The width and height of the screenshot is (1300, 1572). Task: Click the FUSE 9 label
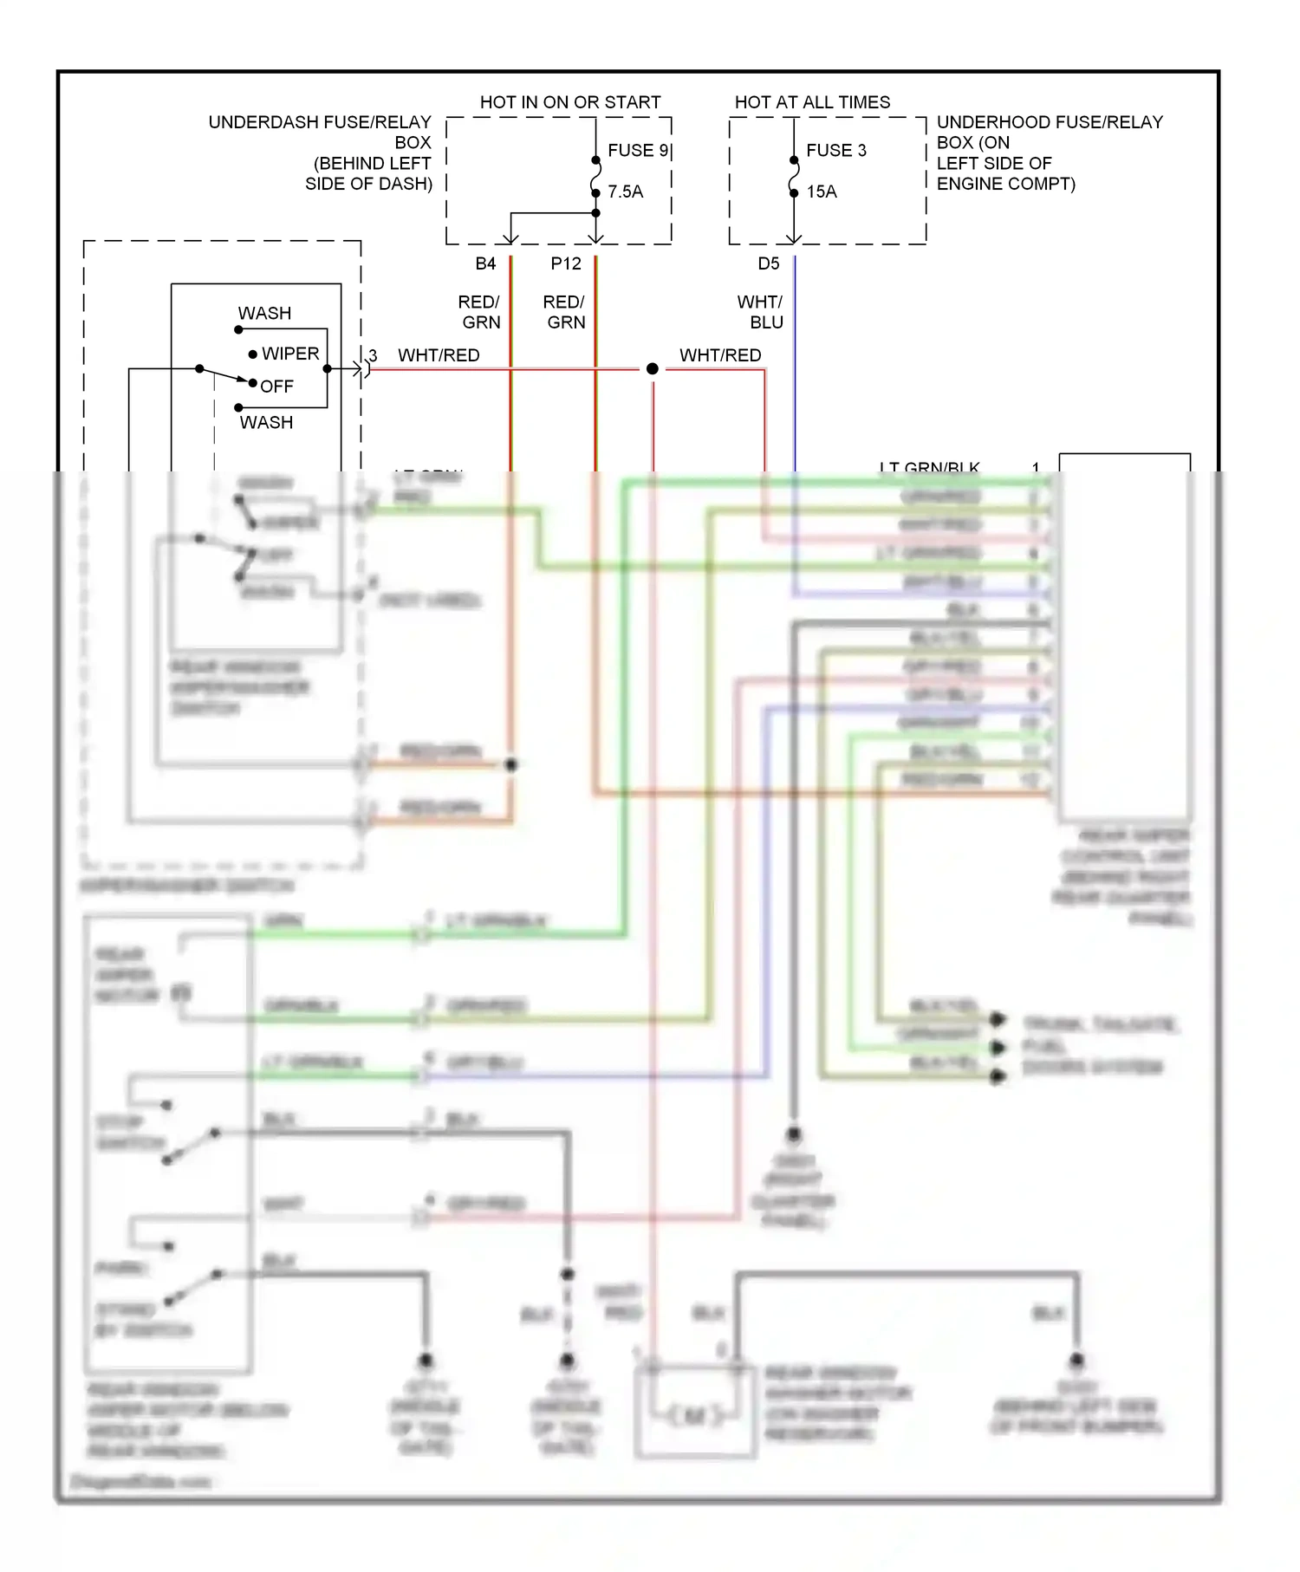click(x=638, y=151)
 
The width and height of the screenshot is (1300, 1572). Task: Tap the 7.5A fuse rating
click(x=625, y=192)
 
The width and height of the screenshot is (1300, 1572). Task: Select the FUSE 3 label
click(x=835, y=151)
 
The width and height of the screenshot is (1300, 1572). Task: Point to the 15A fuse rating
click(x=822, y=192)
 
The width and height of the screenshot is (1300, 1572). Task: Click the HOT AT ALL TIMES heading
click(x=812, y=102)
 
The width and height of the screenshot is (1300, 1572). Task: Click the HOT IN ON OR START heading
click(x=570, y=102)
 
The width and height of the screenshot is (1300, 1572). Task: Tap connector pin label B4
click(x=485, y=263)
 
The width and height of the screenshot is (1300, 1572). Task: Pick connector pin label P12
click(x=566, y=263)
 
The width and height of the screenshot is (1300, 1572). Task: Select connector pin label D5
click(x=769, y=263)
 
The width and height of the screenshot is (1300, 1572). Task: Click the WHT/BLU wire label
click(x=760, y=312)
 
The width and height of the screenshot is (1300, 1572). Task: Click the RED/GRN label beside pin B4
click(x=479, y=312)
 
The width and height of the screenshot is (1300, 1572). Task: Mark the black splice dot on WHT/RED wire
click(x=653, y=369)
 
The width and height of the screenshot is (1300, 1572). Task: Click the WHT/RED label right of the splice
click(x=720, y=355)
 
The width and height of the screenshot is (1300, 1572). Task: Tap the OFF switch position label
click(x=276, y=387)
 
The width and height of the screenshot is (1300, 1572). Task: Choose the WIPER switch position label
click(x=290, y=354)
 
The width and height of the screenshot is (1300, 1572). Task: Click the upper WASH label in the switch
click(x=264, y=313)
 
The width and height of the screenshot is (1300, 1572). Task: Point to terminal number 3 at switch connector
click(x=373, y=355)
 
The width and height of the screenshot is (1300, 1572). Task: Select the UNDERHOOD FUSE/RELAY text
click(x=1049, y=122)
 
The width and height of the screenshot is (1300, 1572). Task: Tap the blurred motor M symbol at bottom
click(x=695, y=1416)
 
